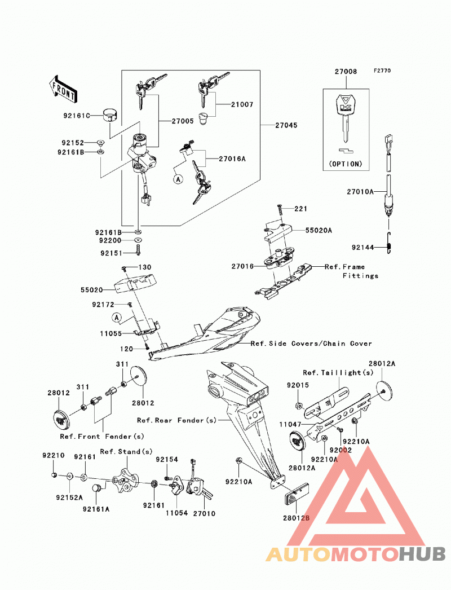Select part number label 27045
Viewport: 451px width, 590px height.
pos(286,125)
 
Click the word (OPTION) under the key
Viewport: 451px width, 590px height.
pos(346,164)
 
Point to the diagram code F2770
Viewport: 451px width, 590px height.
pos(382,71)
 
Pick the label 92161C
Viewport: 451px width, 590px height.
pos(77,116)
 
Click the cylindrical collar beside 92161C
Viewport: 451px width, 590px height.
pos(110,115)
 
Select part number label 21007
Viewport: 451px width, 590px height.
pos(242,104)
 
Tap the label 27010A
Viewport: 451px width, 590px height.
pos(360,192)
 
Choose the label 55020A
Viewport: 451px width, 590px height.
pos(319,230)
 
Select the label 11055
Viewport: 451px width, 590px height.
pos(111,333)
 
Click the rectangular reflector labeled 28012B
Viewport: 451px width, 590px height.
pos(296,494)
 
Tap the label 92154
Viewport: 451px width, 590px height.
pos(167,460)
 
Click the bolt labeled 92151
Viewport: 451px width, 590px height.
pos(138,249)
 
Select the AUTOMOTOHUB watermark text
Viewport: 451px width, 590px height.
pos(356,554)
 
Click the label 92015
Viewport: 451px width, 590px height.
pos(298,385)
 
